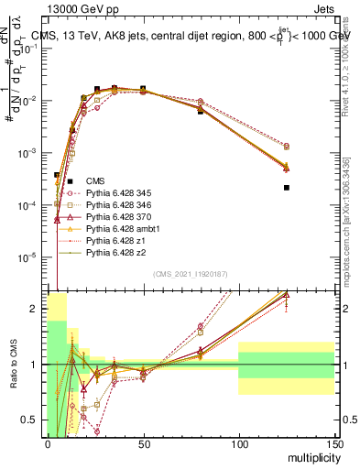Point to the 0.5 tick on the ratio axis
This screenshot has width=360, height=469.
click(34, 420)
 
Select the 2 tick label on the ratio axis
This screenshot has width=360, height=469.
click(38, 309)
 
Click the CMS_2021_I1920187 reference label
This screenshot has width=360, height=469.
click(190, 274)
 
